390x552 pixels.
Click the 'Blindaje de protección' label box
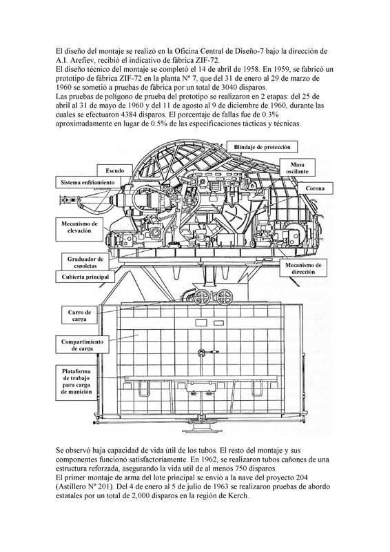(262, 147)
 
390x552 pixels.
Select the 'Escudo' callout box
(115, 170)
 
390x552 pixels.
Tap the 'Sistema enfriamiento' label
(88, 182)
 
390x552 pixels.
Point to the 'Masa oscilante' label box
(297, 168)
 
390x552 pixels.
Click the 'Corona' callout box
(315, 188)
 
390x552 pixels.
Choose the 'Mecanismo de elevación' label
(79, 227)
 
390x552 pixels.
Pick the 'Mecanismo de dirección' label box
(302, 268)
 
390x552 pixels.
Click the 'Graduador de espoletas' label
(85, 262)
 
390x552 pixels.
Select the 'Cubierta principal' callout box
(85, 277)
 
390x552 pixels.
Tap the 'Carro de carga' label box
(79, 315)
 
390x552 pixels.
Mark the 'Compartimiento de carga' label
(82, 344)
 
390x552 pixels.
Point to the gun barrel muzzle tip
(61, 199)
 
